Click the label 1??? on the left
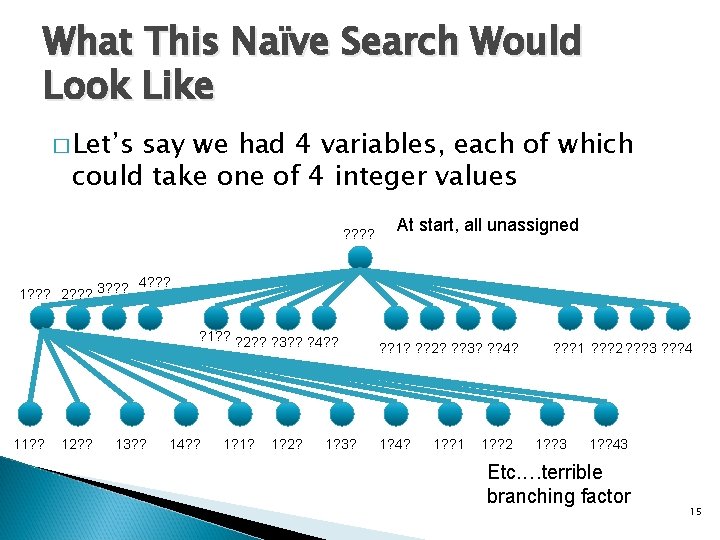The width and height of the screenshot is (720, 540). click(x=37, y=294)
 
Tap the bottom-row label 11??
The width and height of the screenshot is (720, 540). click(x=28, y=444)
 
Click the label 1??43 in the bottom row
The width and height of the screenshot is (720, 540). click(x=608, y=444)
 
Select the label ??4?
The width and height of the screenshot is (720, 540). click(x=501, y=348)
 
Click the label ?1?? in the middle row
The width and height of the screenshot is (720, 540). click(x=215, y=335)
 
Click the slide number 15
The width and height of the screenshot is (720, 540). click(x=696, y=511)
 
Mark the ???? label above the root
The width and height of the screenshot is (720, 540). click(x=358, y=233)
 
